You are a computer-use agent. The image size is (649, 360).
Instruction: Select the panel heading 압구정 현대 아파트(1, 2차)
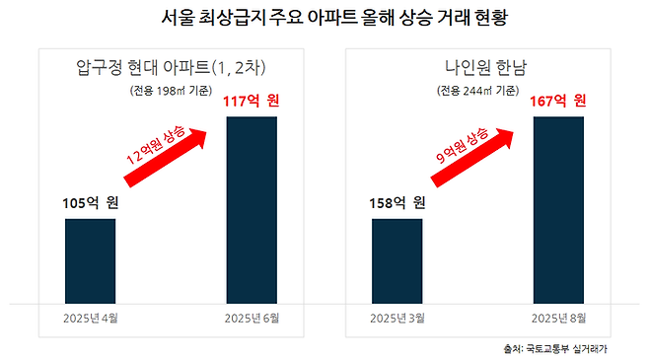172,68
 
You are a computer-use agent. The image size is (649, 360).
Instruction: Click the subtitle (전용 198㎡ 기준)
171,91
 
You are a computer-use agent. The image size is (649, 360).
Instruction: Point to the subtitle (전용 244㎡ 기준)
479,91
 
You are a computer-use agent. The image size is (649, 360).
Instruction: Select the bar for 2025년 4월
90,260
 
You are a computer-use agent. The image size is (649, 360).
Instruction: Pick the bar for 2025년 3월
397,260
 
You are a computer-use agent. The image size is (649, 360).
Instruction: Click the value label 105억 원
91,204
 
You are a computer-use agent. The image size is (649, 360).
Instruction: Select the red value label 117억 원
252,101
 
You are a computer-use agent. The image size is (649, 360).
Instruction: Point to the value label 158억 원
397,204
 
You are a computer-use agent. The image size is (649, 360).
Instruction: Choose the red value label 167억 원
558,101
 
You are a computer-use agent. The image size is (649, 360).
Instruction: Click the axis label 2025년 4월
90,318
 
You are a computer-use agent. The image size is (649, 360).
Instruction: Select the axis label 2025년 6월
252,318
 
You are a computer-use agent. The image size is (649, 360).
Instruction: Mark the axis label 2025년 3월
397,318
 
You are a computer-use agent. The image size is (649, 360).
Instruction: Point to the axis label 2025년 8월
558,318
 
